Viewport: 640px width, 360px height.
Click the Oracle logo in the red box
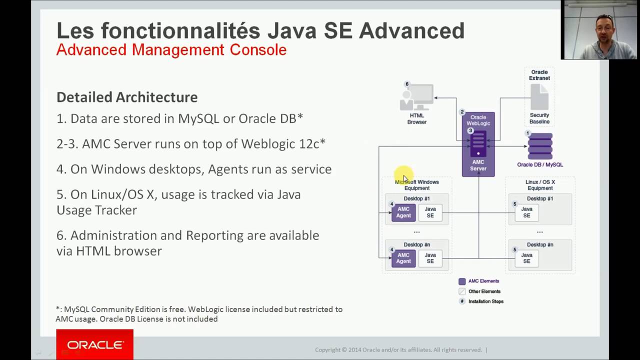pos(95,345)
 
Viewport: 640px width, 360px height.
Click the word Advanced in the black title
pos(411,31)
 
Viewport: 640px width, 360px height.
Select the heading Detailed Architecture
pos(127,97)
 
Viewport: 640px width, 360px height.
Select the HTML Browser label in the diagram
pos(416,119)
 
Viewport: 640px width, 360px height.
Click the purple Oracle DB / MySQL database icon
pos(540,146)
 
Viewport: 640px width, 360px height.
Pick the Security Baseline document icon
pos(539,97)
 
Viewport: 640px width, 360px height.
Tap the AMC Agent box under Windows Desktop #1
pos(403,212)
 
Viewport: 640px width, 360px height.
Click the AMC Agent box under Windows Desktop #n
pos(403,258)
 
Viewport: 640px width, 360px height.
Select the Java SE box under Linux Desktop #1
pos(526,212)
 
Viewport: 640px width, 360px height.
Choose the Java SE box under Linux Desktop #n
pos(526,258)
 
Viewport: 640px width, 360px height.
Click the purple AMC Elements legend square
pos(462,281)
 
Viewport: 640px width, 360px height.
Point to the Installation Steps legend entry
pos(485,301)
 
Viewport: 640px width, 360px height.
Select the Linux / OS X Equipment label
pos(540,185)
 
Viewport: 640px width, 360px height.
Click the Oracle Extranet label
pos(539,75)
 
